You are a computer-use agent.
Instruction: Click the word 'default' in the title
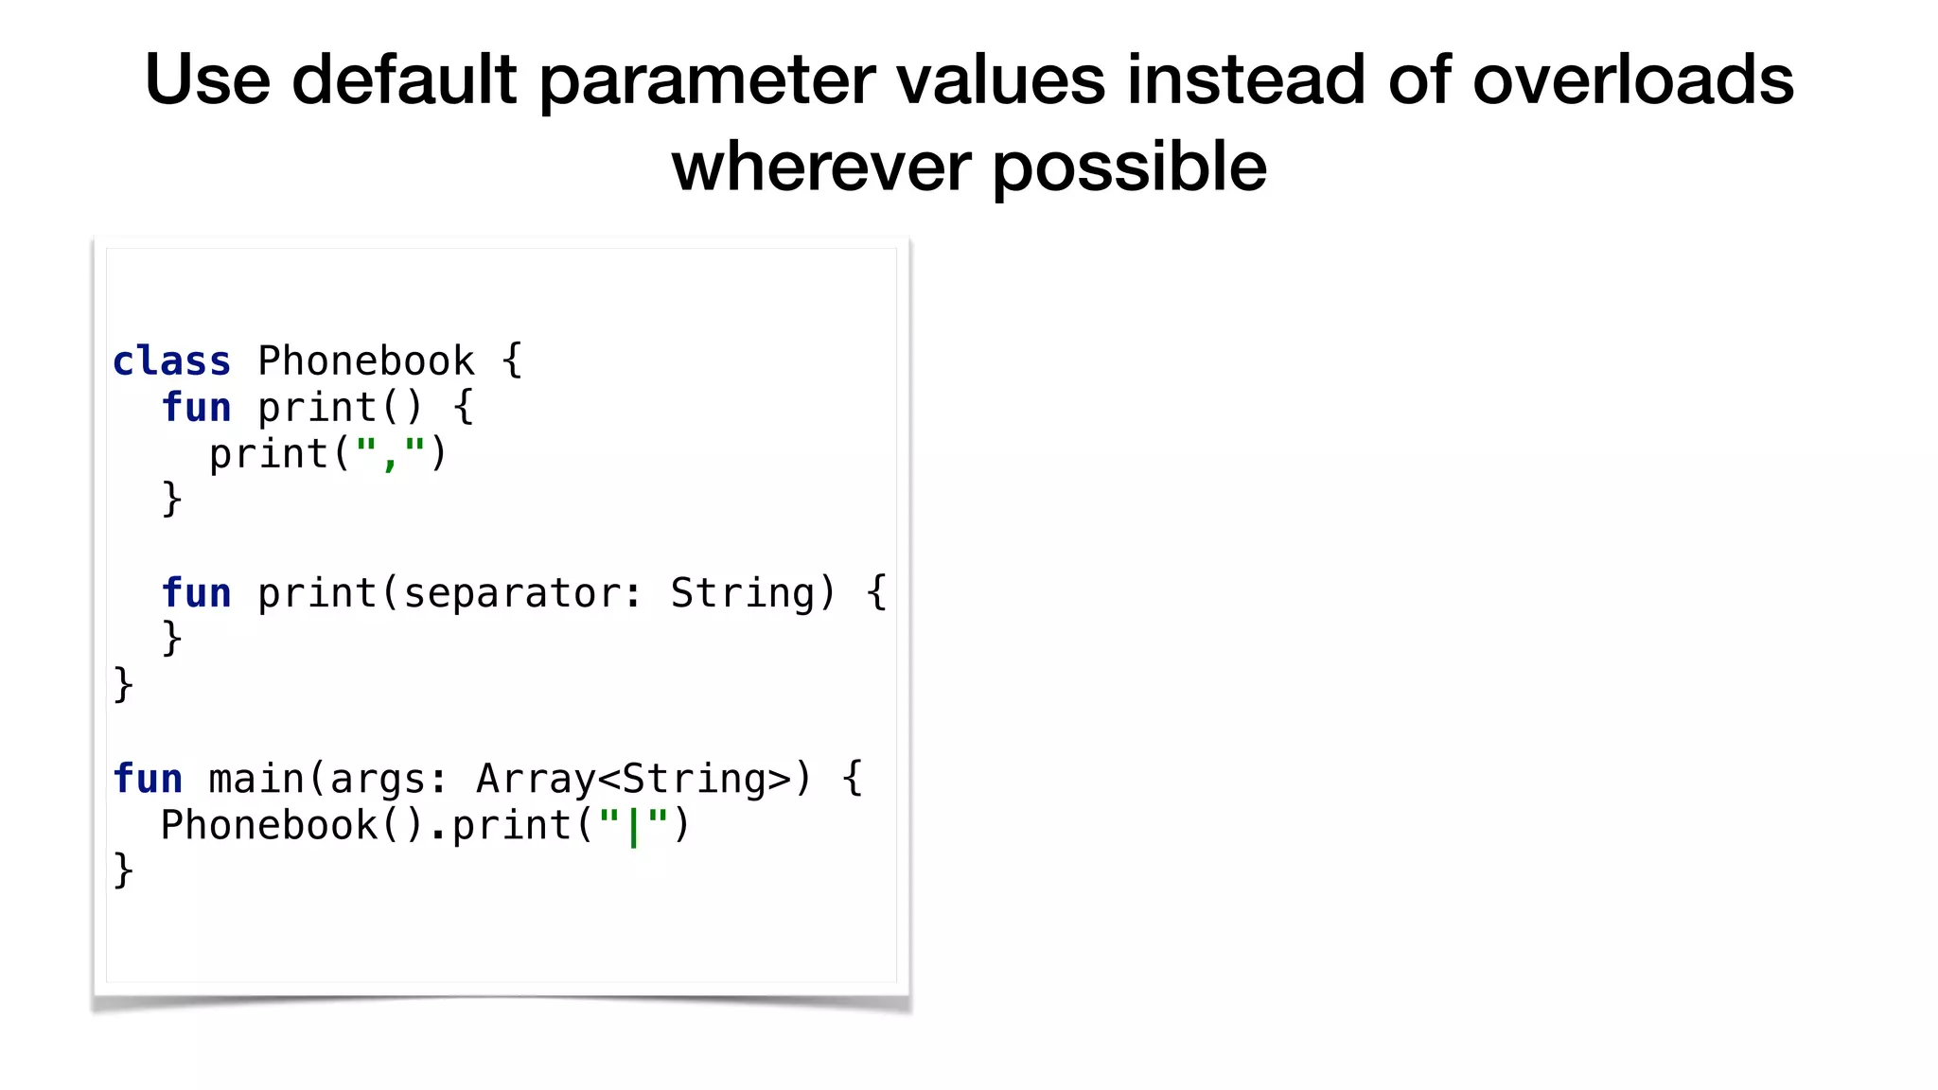coord(403,79)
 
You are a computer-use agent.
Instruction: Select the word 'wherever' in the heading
coord(820,167)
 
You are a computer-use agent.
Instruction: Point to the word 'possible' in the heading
coord(1129,167)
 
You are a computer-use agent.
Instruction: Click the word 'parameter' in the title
coord(707,79)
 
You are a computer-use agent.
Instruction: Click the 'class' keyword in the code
coord(171,361)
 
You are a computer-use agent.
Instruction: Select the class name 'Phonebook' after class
coord(365,361)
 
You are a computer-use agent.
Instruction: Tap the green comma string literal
coord(390,454)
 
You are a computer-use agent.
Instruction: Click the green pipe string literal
coord(633,825)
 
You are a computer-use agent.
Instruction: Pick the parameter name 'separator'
coord(511,593)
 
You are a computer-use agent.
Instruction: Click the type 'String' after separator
coord(742,593)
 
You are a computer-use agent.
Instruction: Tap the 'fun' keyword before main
coord(148,779)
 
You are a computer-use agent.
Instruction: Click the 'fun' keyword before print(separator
coord(196,593)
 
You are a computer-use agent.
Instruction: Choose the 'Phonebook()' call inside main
coord(291,825)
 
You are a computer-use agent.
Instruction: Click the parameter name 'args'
coord(377,779)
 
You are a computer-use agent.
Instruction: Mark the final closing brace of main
coord(123,870)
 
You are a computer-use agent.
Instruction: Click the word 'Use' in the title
coord(207,79)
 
